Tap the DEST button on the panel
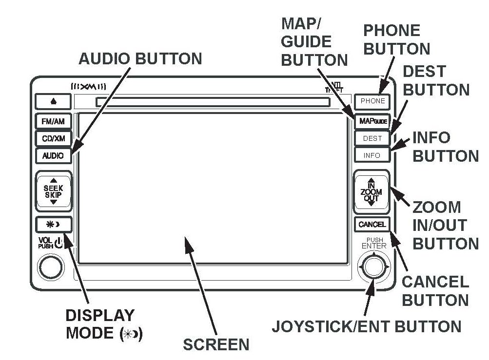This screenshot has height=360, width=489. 372,138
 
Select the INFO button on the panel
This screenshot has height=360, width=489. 372,156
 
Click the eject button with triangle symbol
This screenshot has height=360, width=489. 53,102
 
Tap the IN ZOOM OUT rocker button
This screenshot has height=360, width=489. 372,192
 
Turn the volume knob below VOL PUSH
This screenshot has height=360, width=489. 51,266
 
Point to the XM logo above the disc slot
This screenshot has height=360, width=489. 88,87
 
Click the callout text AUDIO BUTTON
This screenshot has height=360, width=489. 140,59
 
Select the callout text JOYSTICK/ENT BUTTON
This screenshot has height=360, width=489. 366,326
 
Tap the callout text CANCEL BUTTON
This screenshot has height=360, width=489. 435,290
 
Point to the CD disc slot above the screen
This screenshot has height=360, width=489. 212,102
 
